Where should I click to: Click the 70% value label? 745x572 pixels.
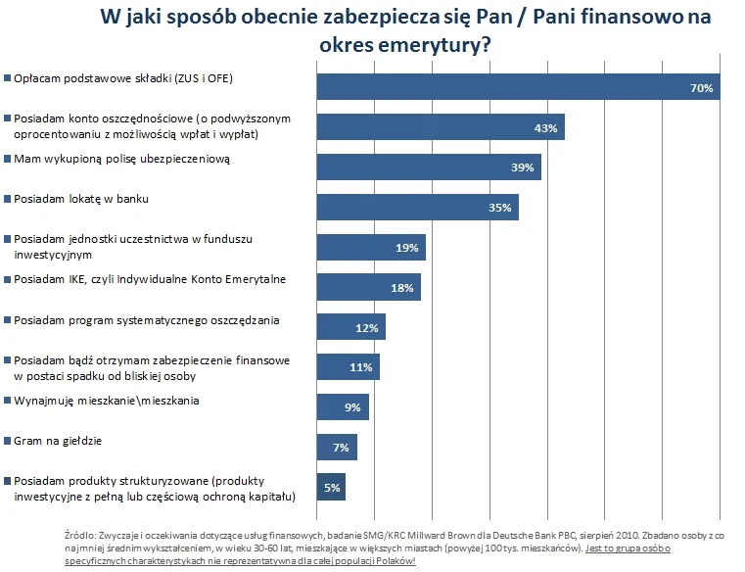[700, 88]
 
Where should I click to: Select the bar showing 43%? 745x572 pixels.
[441, 127]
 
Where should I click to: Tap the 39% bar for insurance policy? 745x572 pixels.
[429, 167]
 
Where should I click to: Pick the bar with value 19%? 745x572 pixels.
[371, 248]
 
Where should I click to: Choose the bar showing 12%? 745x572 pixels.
[350, 327]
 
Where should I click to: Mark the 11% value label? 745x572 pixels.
[361, 367]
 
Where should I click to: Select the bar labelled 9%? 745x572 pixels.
[343, 407]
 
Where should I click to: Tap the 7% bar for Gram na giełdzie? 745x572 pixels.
[337, 447]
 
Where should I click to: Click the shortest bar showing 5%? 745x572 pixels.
[331, 487]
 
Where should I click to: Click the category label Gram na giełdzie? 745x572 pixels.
[57, 441]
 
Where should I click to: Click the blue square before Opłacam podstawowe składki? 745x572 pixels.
[7, 78]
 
